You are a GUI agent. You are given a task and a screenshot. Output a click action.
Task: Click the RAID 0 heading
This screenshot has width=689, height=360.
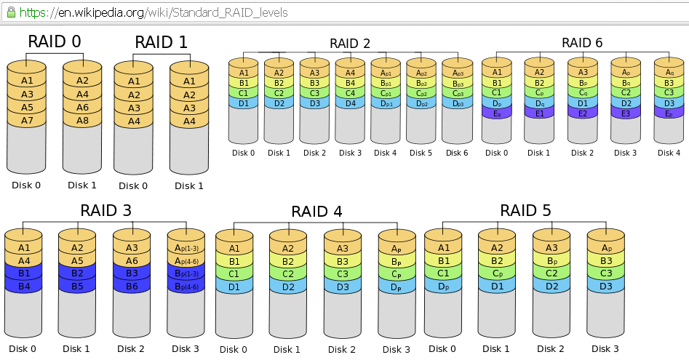pos(55,41)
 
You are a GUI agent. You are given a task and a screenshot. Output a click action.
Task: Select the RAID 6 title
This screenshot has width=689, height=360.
pos(582,43)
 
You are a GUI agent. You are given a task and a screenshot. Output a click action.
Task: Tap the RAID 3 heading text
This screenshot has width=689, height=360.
pos(105,211)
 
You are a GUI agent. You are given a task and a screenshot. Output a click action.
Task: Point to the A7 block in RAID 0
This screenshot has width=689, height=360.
pos(27,120)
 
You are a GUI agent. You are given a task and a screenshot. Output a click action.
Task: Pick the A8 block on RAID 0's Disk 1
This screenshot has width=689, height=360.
pos(82,120)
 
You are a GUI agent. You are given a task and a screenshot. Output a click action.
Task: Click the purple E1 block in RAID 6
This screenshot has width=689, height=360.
pos(539,113)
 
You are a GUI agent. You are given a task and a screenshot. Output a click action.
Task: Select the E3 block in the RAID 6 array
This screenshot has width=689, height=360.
pos(625,113)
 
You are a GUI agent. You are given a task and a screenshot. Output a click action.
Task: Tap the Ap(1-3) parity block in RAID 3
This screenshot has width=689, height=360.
pos(186,248)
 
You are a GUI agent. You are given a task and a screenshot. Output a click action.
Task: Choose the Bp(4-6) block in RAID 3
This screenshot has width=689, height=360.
pos(186,286)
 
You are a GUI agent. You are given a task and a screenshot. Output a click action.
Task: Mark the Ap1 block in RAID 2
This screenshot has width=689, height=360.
pos(386,73)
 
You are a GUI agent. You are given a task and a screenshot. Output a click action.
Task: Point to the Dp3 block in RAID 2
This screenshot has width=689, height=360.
pos(457,104)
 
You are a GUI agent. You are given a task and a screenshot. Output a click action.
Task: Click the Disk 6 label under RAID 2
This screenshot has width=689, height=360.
pos(457,153)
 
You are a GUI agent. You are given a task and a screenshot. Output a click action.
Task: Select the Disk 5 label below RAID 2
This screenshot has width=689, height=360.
pos(421,153)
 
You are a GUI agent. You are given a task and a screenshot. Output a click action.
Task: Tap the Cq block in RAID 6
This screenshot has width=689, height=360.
pos(582,93)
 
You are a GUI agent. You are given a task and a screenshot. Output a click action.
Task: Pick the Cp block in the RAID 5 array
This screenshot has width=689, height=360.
pos(497,273)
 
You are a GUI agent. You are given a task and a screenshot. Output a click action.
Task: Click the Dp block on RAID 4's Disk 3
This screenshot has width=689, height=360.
pos(397,287)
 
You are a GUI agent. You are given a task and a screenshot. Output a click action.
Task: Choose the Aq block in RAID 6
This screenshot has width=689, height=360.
pos(668,73)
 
